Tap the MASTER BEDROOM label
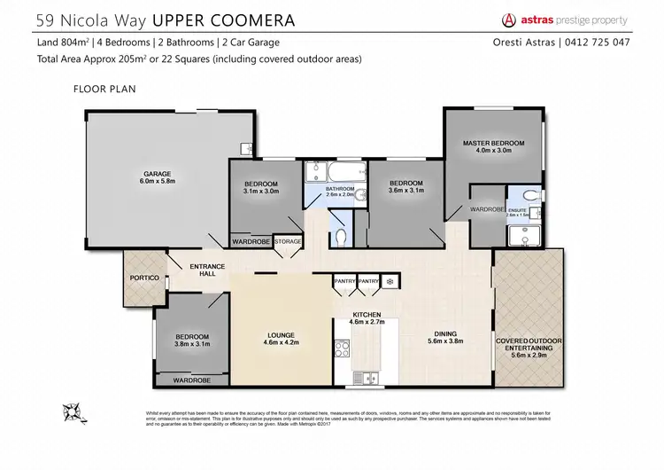click(493, 143)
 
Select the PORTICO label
click(143, 278)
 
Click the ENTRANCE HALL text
click(207, 270)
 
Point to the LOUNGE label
click(281, 334)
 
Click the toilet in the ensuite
click(529, 195)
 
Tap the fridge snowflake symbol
click(389, 281)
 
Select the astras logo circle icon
click(509, 20)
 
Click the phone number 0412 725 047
click(598, 43)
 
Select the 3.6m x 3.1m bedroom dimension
click(406, 189)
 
